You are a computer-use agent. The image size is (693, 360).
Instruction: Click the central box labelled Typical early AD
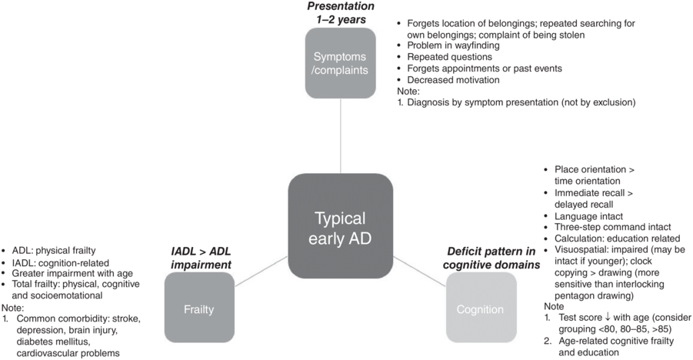pyautogui.click(x=341, y=227)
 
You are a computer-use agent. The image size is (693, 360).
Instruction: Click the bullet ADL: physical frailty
pyautogui.click(x=58, y=250)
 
